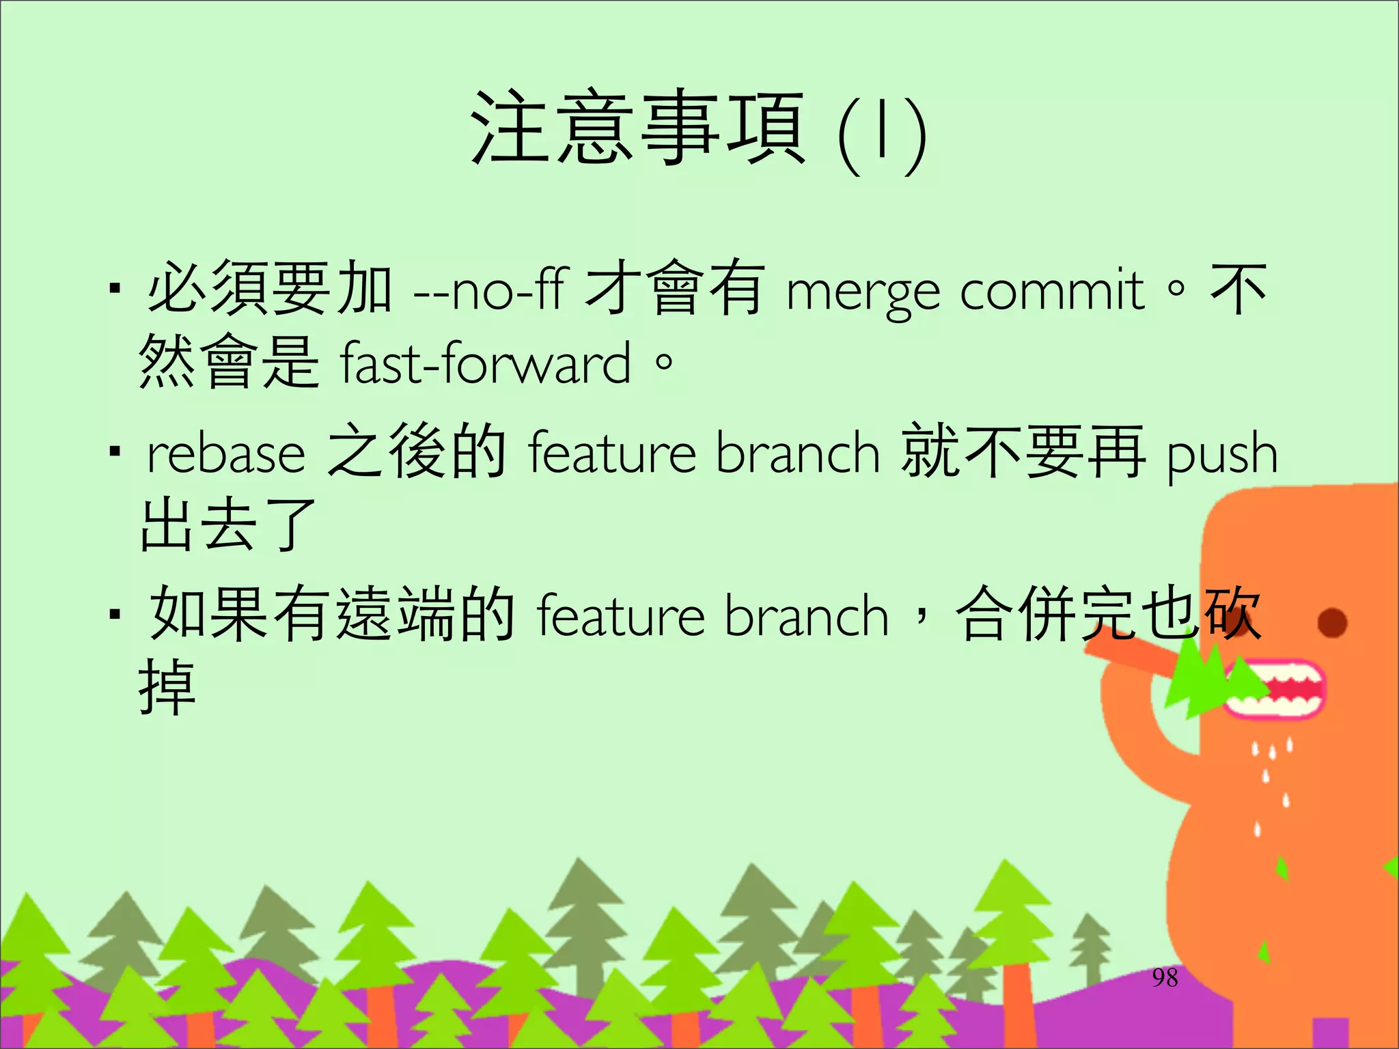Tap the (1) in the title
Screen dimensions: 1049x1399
pos(881,133)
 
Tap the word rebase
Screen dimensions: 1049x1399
pos(225,454)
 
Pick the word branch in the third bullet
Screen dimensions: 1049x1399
pos(806,616)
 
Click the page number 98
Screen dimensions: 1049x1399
pos(1165,978)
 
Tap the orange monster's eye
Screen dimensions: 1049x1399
pos(1332,623)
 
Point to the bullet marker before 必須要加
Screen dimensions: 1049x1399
pos(115,290)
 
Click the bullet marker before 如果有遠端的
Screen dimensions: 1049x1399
pos(115,615)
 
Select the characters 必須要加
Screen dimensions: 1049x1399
pos(270,288)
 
